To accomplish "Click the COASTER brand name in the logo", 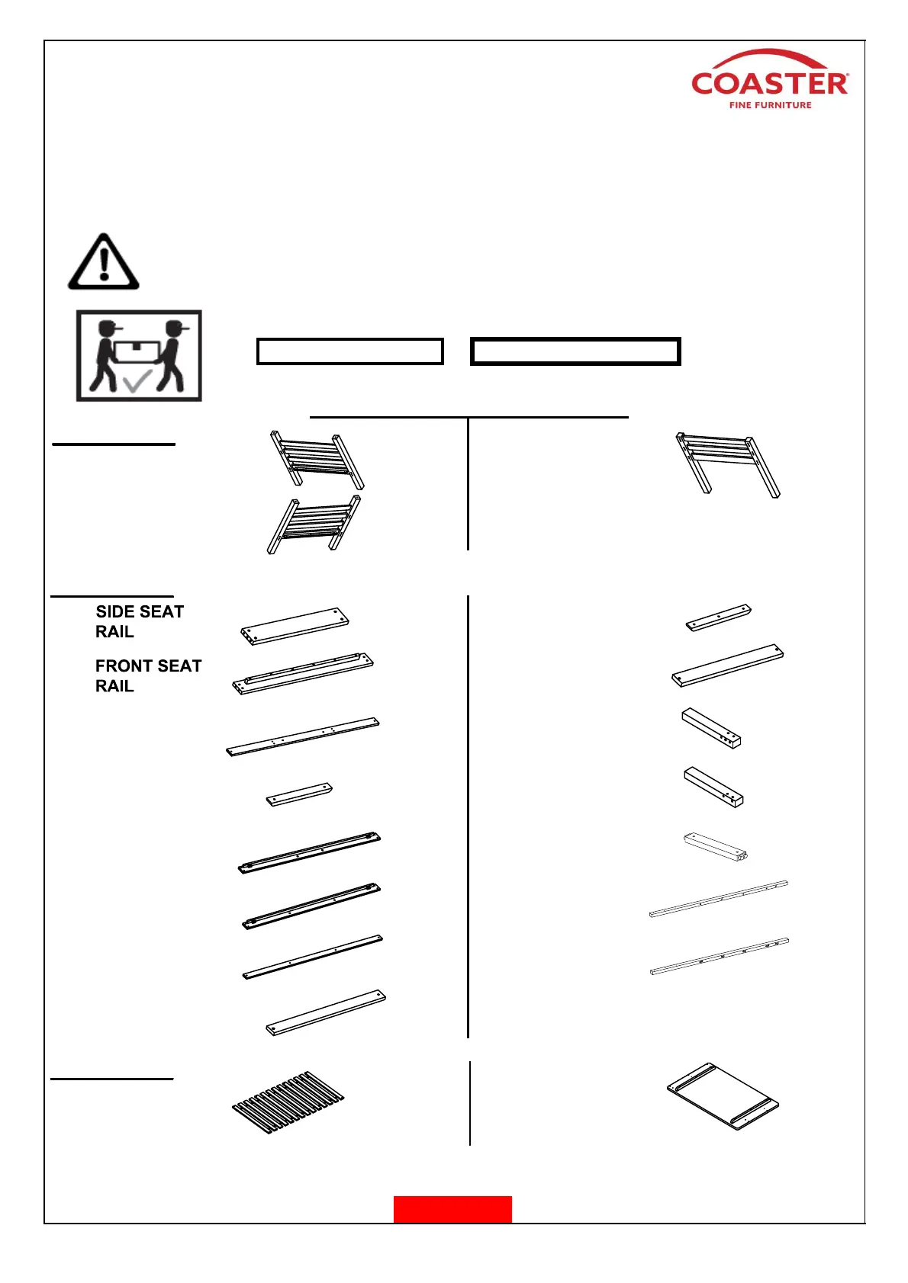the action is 769,84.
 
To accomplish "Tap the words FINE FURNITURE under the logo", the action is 770,105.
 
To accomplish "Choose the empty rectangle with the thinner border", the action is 349,351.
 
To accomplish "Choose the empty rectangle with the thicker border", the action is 575,351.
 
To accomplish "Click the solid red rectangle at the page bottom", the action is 452,1209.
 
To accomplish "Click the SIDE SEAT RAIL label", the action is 139,621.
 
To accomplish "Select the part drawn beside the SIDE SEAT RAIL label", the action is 295,626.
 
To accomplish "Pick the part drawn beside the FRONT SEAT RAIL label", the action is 303,674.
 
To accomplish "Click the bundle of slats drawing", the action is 288,1102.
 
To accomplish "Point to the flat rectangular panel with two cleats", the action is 722,1096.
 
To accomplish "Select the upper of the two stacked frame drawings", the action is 317,459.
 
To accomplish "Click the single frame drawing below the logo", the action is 727,463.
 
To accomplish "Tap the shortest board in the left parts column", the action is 299,794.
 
